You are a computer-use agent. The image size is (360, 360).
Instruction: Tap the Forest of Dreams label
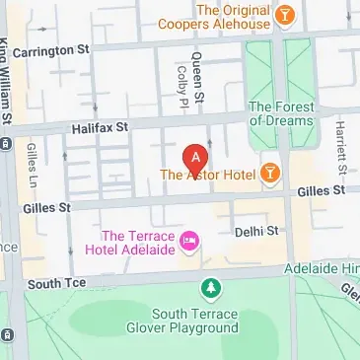pyautogui.click(x=283, y=113)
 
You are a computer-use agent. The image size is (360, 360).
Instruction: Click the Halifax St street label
pyautogui.click(x=100, y=127)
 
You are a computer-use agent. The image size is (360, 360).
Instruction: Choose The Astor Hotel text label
pyautogui.click(x=208, y=177)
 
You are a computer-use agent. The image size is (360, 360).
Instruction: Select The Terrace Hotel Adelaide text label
pyautogui.click(x=137, y=244)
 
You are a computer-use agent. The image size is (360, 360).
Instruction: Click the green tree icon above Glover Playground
pyautogui.click(x=209, y=289)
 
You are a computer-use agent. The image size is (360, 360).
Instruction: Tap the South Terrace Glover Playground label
pyautogui.click(x=209, y=321)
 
